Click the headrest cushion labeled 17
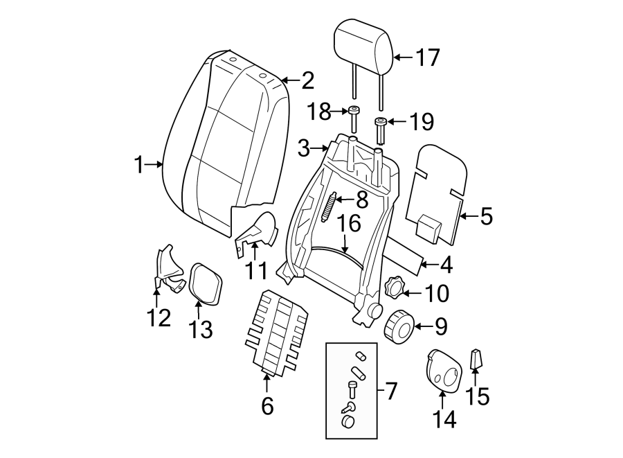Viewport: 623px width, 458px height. point(363,42)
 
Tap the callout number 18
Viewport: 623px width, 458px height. point(319,112)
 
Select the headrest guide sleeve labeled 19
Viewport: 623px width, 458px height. point(379,128)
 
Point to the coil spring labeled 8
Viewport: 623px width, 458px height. point(329,206)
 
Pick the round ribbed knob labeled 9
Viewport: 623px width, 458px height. point(399,325)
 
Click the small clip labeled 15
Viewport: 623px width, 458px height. point(476,359)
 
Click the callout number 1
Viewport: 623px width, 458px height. point(139,165)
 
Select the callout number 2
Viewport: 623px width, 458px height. point(307,82)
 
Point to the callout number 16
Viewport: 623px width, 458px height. point(350,223)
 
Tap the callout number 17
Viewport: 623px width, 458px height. point(427,58)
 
